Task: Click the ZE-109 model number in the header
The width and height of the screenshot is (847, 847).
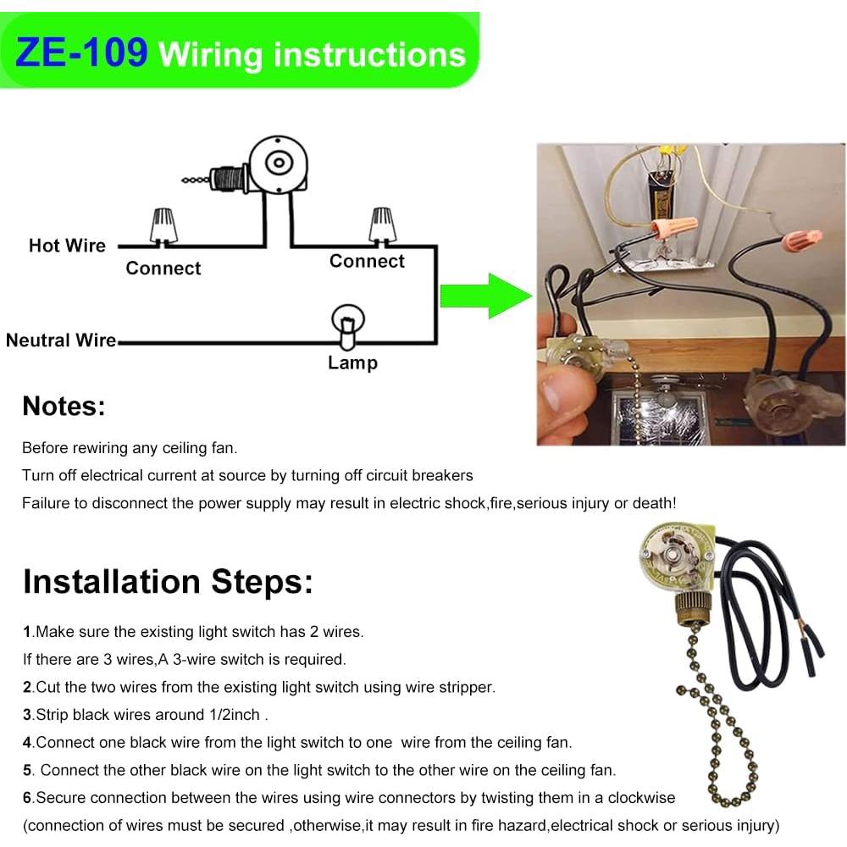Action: point(82,53)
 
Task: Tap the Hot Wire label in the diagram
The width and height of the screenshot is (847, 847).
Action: point(67,246)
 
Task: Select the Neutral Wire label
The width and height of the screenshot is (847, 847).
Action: point(60,340)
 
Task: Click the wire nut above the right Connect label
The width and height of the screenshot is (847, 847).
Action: point(381,224)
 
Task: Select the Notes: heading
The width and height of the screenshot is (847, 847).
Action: point(64,407)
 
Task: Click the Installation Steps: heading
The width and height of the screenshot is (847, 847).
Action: point(168,582)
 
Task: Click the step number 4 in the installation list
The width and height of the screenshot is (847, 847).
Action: point(27,743)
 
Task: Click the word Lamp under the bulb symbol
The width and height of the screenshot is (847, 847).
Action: point(352,363)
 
